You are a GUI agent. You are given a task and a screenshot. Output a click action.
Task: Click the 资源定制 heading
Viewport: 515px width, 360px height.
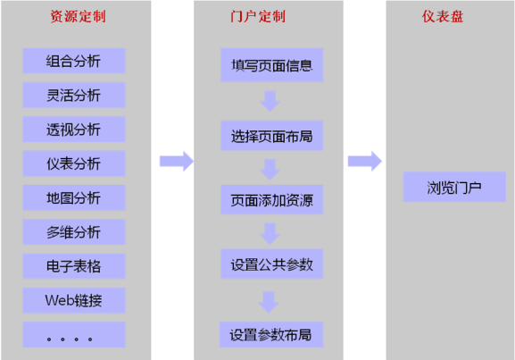tap(79, 16)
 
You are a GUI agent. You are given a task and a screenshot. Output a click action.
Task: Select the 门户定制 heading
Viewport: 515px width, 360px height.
tap(258, 16)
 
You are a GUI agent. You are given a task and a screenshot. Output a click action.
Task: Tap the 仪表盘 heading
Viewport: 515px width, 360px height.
tap(443, 16)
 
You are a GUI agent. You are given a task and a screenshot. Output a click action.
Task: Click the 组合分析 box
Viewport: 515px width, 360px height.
tap(74, 61)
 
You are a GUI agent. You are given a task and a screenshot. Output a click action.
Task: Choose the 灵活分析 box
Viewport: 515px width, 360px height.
tap(74, 95)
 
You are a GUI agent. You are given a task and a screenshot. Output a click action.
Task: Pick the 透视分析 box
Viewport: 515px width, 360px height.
tap(74, 130)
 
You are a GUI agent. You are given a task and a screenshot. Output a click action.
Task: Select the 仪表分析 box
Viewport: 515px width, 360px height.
tap(74, 163)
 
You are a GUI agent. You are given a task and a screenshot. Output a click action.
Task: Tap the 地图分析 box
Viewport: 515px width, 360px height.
tap(74, 197)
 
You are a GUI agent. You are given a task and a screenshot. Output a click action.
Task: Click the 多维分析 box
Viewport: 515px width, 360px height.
tap(74, 231)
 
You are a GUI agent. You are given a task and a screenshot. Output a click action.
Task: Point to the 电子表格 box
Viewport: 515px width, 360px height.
tap(74, 266)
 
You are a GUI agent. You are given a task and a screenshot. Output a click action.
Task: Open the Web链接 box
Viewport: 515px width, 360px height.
tap(74, 300)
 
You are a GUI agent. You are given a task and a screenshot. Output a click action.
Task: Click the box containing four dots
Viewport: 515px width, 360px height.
tap(74, 335)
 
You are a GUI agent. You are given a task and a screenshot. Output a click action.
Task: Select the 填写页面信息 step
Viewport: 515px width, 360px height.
tap(271, 65)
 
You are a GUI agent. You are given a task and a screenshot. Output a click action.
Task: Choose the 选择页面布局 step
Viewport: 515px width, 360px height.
tap(271, 136)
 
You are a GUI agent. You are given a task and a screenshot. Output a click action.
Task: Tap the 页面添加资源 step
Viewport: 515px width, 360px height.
tap(271, 199)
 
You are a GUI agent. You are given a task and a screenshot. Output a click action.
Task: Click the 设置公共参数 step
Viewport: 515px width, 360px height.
tap(271, 264)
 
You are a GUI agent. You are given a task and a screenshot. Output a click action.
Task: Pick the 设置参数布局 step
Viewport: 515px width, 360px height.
tap(271, 335)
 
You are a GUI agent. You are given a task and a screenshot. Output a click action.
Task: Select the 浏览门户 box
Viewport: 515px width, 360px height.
tap(454, 187)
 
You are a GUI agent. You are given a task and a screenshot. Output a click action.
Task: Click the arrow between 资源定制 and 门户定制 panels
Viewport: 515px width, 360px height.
tap(177, 161)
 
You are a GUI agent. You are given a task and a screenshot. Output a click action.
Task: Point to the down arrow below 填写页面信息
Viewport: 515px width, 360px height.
tap(270, 101)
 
